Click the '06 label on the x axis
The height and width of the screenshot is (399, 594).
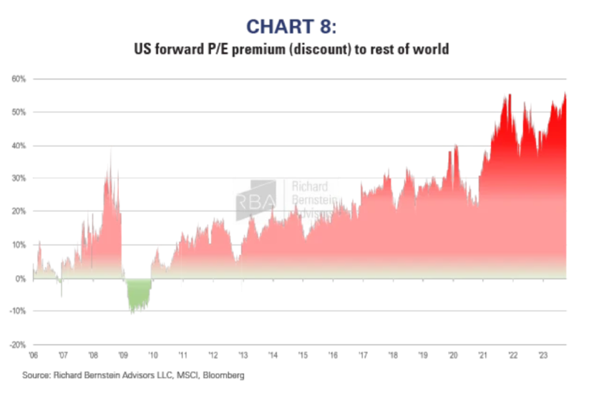[33, 355]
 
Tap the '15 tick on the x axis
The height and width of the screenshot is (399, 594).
[303, 355]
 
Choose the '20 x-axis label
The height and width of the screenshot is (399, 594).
[453, 355]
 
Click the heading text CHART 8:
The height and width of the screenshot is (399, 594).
[297, 27]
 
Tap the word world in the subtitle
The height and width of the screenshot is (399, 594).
[432, 50]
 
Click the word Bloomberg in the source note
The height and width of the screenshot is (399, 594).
[225, 374]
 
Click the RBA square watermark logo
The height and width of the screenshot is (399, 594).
[255, 197]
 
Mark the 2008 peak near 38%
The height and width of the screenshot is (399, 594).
[111, 152]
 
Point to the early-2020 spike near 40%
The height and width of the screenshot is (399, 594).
[455, 147]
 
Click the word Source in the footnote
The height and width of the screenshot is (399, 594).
[37, 374]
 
